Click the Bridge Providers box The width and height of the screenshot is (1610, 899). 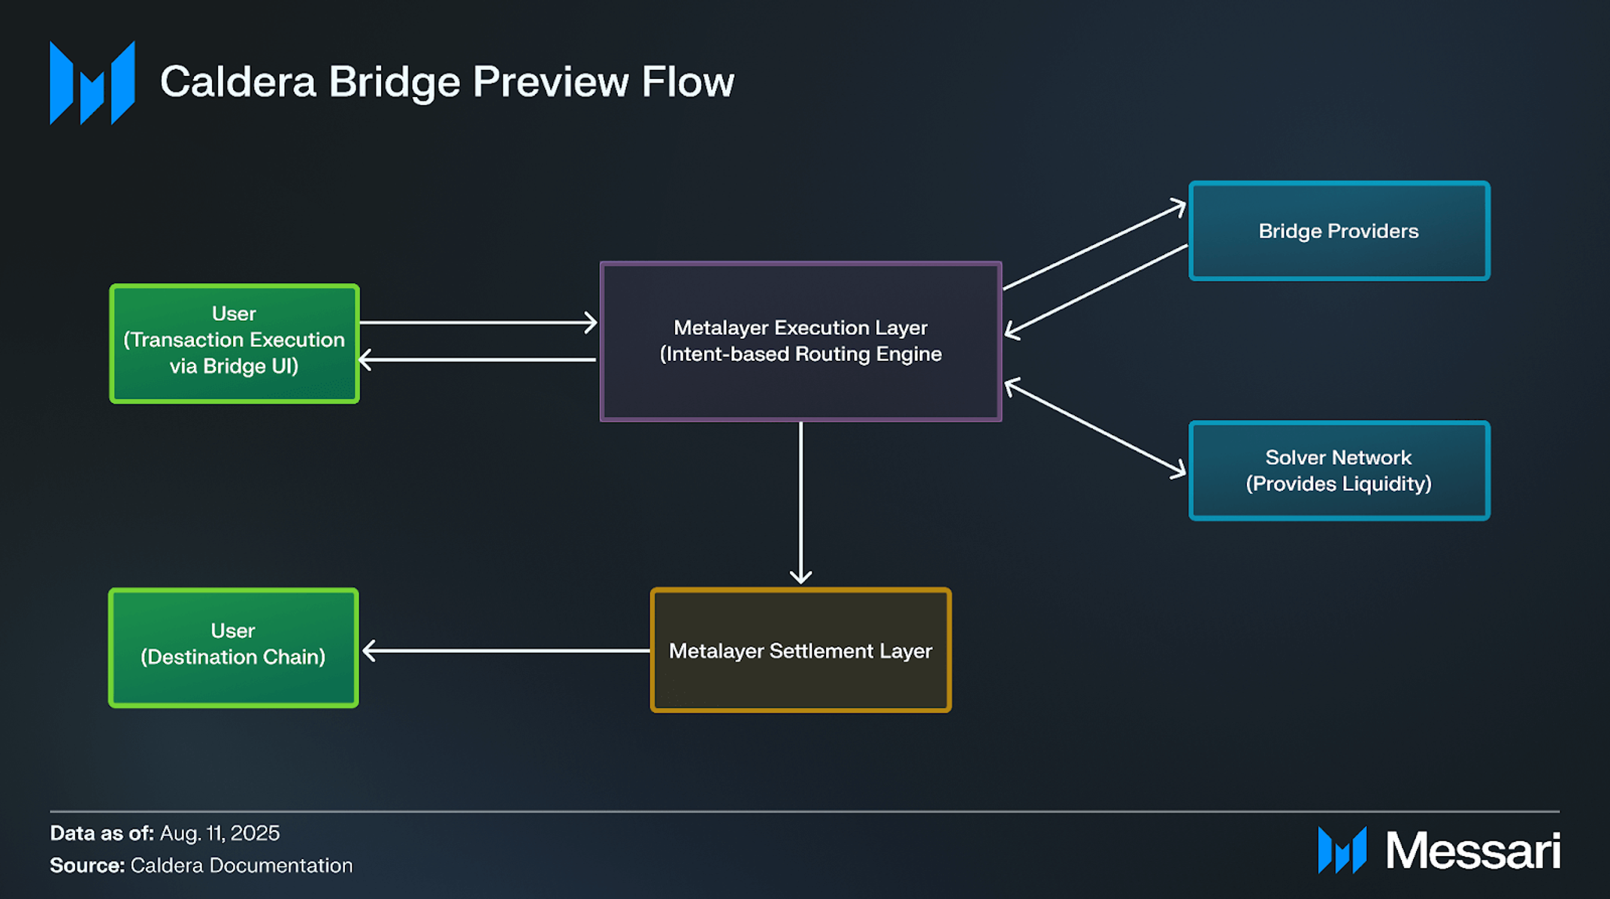[x=1339, y=231]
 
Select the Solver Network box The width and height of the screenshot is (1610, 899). [x=1339, y=471]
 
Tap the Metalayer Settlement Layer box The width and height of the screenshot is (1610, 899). [x=800, y=650]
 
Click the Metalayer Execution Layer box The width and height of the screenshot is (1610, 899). [x=800, y=341]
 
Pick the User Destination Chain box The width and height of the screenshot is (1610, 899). [x=233, y=647]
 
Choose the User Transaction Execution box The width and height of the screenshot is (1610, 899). [x=234, y=344]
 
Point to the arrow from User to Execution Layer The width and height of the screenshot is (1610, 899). [x=478, y=322]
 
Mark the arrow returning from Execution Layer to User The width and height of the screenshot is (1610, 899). [x=478, y=359]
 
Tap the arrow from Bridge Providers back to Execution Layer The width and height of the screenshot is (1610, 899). [x=1096, y=289]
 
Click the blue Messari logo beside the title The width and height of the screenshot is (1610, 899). [x=92, y=83]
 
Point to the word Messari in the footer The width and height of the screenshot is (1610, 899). [x=1472, y=851]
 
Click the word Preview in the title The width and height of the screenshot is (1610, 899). [x=550, y=82]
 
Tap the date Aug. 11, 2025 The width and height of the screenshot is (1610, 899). [x=219, y=833]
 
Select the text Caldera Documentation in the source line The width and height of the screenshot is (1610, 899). [x=241, y=865]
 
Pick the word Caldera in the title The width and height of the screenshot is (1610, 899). [x=238, y=82]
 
